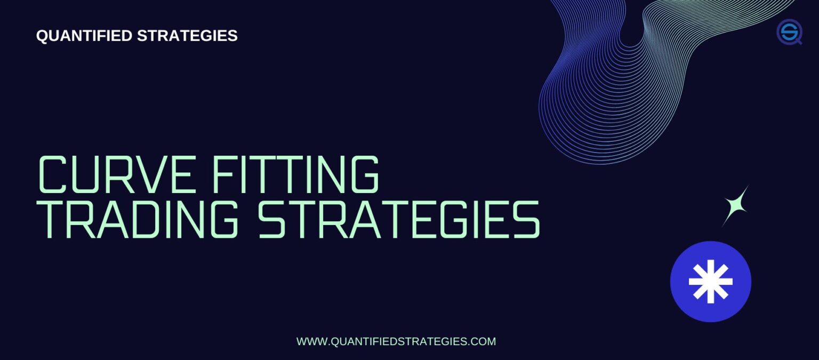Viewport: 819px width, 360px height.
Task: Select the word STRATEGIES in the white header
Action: pos(187,36)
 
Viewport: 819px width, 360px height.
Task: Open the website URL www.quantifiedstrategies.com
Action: pos(396,341)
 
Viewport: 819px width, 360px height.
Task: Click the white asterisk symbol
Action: pos(710,282)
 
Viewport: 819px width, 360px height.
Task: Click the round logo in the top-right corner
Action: pos(789,31)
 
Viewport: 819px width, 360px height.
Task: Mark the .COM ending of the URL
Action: pos(482,341)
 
